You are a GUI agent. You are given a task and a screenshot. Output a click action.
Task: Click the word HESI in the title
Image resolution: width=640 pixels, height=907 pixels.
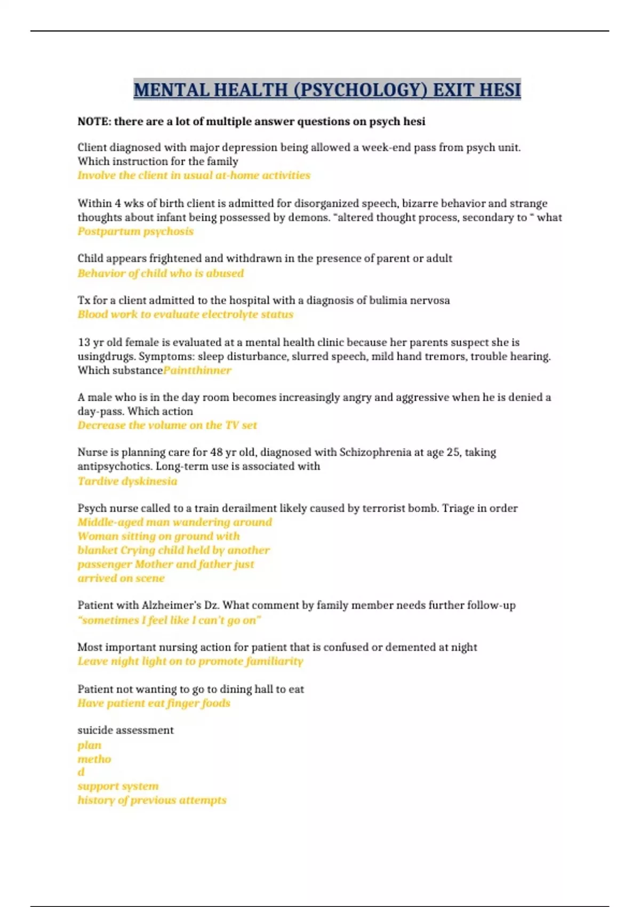[499, 90]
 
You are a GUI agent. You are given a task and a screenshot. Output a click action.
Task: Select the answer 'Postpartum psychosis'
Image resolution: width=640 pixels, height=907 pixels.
[135, 232]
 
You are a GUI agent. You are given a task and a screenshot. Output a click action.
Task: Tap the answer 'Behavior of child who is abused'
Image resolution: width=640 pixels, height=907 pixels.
[161, 273]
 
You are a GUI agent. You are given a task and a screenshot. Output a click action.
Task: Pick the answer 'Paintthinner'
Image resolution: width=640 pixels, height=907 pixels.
[197, 370]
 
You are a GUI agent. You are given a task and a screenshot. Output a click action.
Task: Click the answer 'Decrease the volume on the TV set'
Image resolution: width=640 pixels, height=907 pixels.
[167, 425]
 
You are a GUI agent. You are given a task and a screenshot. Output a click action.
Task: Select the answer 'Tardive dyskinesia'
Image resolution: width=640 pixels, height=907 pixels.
[127, 481]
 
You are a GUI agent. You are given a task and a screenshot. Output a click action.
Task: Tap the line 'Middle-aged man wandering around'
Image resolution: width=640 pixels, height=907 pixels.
[174, 522]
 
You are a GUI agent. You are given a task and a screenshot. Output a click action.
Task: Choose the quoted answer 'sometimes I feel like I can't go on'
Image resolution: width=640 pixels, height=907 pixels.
[169, 620]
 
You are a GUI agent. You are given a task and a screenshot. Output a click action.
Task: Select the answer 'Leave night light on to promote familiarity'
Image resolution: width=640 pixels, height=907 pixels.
[190, 662]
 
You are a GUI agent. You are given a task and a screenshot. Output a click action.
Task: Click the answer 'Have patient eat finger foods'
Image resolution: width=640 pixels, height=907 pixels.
[154, 703]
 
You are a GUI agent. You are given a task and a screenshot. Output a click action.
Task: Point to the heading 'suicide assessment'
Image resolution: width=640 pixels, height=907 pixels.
[125, 730]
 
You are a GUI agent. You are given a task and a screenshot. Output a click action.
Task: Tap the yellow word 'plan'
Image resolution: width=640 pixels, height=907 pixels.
[89, 745]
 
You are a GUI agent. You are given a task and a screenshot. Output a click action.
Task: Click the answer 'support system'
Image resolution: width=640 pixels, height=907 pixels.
[118, 786]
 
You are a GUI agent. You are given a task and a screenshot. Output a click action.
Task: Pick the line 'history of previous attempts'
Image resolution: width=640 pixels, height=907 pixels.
[151, 800]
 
